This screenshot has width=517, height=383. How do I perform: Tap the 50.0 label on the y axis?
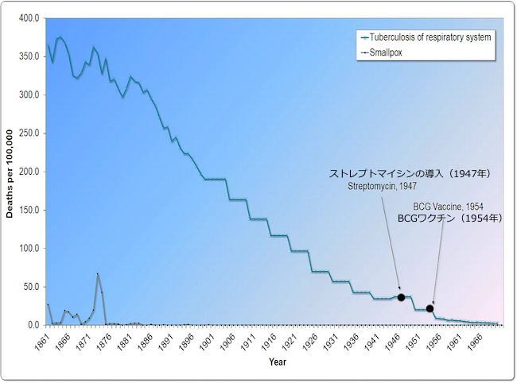(x=31, y=287)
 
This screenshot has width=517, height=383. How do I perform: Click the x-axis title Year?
(x=278, y=362)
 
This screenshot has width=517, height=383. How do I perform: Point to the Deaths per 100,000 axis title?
(x=11, y=171)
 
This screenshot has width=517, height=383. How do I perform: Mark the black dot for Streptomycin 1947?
(x=401, y=297)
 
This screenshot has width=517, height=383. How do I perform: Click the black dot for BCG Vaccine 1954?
(x=430, y=308)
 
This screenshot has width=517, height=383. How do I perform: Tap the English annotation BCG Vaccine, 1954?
(x=447, y=207)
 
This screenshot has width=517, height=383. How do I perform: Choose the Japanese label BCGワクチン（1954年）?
(x=449, y=217)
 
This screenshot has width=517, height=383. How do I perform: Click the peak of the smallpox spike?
(x=98, y=274)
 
